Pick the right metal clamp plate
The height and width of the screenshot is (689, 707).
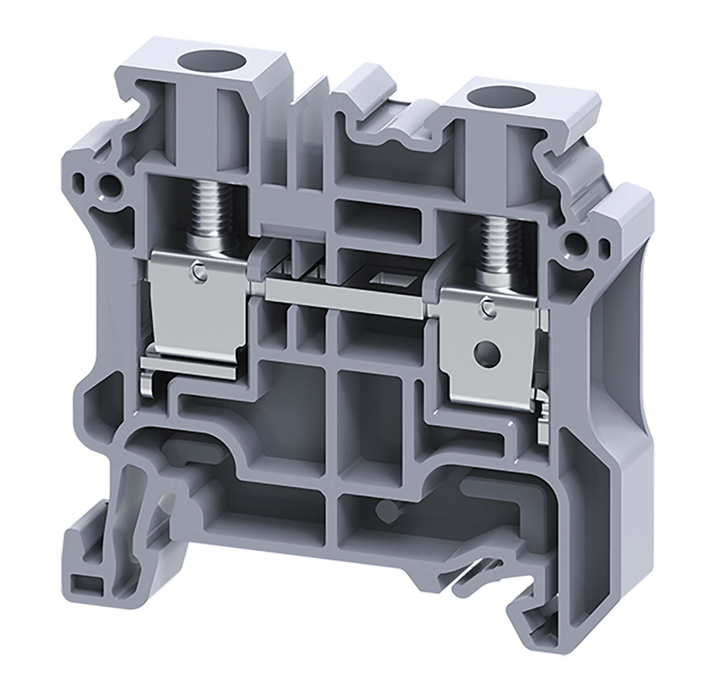[x=492, y=348]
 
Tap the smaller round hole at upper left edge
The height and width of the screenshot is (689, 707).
[x=82, y=181]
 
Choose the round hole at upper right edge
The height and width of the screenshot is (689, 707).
[x=577, y=241]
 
